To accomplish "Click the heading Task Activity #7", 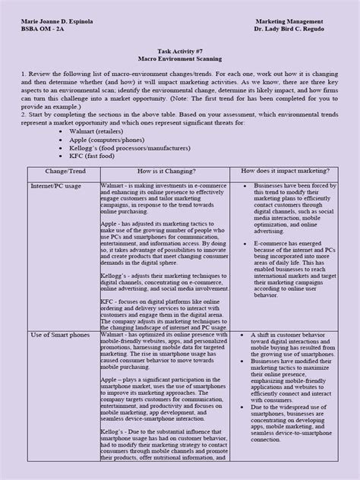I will (180, 47).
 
